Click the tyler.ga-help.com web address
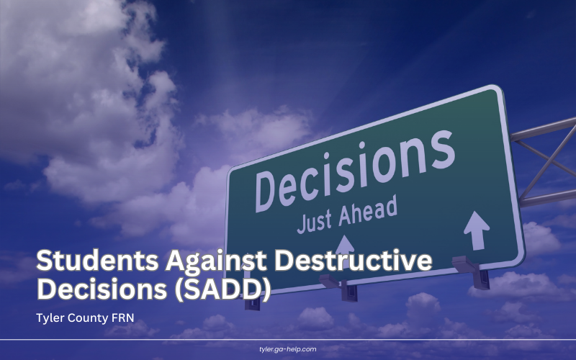coord(287,349)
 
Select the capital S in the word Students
coord(46,261)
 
